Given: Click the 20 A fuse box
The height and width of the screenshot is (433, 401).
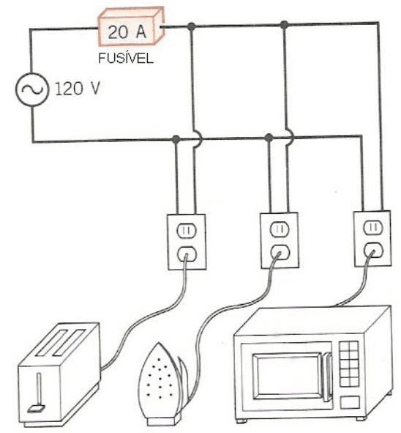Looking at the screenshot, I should [130, 30].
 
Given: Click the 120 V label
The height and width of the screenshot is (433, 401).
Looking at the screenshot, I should [76, 91].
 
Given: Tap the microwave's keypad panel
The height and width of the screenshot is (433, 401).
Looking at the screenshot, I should [353, 366].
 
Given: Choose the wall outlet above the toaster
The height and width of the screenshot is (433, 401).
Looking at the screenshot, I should [185, 241].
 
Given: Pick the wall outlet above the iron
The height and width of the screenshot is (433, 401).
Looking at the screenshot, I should [280, 240].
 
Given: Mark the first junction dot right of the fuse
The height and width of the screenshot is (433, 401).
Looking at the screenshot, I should [191, 26].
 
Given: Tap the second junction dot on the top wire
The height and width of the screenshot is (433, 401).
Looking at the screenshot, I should [284, 26].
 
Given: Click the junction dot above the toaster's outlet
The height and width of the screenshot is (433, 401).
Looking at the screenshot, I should [176, 139].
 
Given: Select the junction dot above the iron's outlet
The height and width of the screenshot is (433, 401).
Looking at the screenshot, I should [269, 138].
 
